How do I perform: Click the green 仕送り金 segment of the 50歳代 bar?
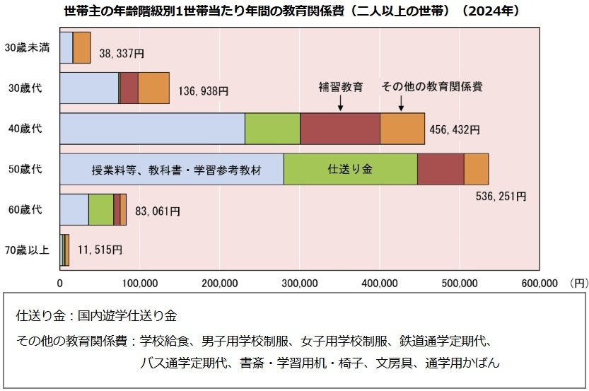[350, 169]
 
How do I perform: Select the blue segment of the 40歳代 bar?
[152, 129]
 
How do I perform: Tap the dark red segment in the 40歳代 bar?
[340, 129]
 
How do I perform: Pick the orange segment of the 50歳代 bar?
[476, 169]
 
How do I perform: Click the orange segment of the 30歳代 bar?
[153, 88]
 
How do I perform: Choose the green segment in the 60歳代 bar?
[101, 210]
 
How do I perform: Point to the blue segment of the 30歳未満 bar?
[66, 48]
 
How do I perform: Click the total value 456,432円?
[455, 130]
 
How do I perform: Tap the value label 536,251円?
[501, 195]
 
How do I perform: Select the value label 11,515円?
[96, 250]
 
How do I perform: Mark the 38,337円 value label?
[122, 52]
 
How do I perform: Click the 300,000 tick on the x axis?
[300, 284]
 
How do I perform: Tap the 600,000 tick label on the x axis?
[540, 284]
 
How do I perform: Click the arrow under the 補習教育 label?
[340, 103]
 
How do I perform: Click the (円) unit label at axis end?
[576, 284]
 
